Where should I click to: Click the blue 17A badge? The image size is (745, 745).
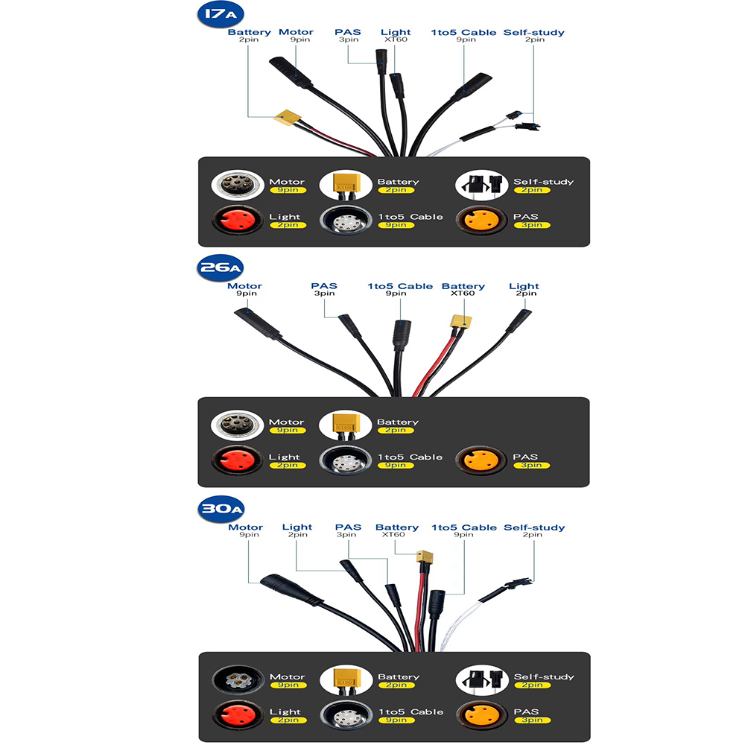221,15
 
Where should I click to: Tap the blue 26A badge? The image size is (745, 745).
220,268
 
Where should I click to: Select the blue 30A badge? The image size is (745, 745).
221,509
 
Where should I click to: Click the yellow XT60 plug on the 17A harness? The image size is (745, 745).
287,118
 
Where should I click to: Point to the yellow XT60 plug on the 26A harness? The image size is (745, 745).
461,322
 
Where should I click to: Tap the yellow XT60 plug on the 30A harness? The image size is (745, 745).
425,557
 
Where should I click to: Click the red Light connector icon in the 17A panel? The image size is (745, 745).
237,220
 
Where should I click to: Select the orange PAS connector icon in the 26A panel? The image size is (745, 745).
480,460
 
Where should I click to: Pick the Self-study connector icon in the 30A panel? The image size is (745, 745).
482,679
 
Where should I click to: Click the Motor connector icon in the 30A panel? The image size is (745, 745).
238,679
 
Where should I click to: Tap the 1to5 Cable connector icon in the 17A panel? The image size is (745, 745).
346,220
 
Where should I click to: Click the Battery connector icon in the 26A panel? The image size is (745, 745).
345,425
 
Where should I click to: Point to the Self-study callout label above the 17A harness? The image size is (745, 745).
534,32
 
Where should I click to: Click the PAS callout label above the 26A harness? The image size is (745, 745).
324,286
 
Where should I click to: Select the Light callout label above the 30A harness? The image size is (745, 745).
297,527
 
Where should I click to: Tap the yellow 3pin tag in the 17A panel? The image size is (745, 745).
532,225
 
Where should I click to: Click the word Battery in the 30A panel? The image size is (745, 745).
399,676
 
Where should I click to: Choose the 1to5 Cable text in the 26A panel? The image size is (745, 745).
410,457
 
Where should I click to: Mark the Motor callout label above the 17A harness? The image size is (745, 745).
296,32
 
